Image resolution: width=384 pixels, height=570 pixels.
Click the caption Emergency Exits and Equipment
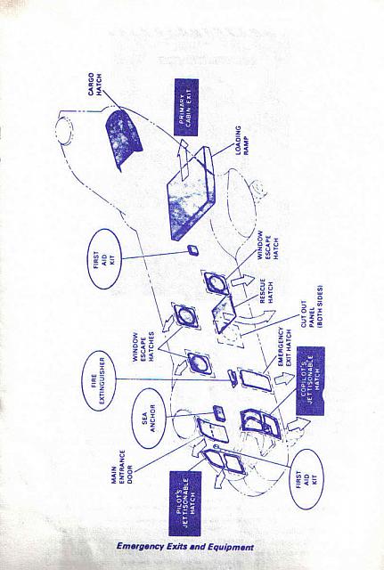(186, 546)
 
